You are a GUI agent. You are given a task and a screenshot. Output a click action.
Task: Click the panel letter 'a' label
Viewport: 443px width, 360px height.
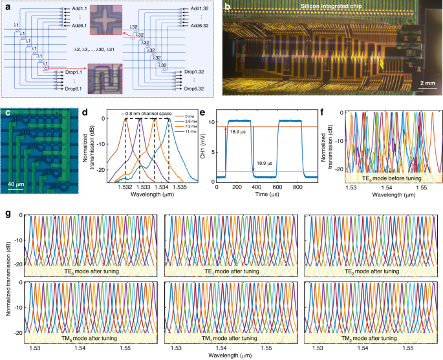[x=6, y=6]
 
